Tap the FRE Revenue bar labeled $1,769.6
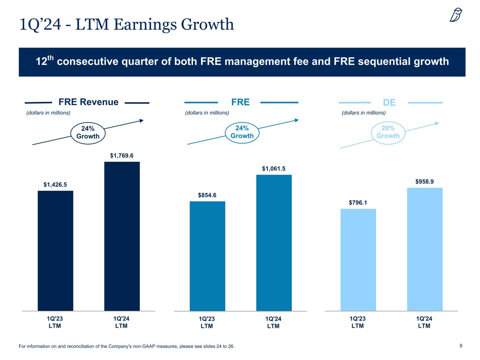122,236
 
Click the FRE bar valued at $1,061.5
274,243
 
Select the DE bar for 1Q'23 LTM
358,260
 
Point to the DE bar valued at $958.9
424,249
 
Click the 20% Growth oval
388,132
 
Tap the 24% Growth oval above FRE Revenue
88,133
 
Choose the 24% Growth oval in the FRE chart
242,132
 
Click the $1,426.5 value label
55,185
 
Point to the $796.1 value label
358,202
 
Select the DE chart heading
389,103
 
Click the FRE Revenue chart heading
88,102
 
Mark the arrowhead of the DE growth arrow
437,123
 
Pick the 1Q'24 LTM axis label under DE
424,322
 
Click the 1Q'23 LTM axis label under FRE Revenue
55,322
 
